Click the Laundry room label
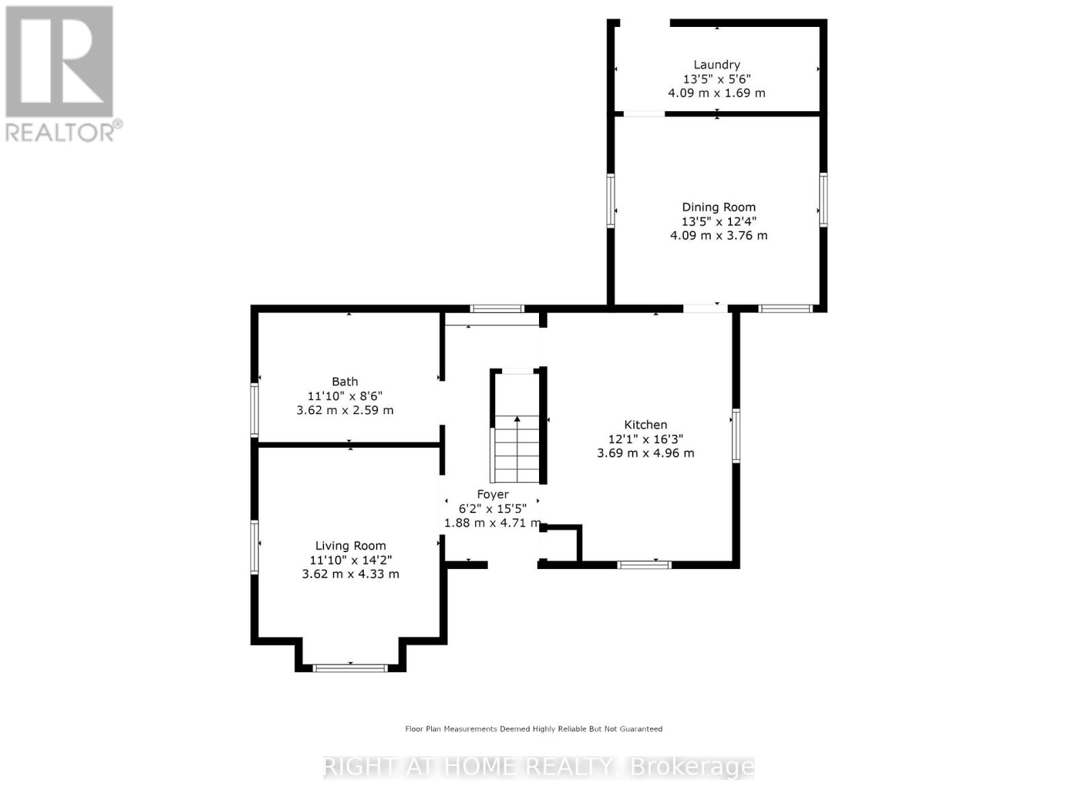point(716,65)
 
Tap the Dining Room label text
point(718,207)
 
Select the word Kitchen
point(645,425)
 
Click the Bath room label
point(344,382)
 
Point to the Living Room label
point(350,546)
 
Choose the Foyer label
point(493,494)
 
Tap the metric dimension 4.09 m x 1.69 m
point(716,93)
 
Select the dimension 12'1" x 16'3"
point(645,439)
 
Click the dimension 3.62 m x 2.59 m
point(345,410)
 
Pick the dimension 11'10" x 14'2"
point(350,560)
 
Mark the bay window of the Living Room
point(350,668)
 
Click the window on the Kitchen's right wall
point(736,436)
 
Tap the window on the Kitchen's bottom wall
point(645,564)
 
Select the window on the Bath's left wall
point(255,410)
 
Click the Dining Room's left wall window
point(611,201)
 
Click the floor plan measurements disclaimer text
point(534,729)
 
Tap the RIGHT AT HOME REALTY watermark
point(539,767)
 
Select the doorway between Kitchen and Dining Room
point(705,308)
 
